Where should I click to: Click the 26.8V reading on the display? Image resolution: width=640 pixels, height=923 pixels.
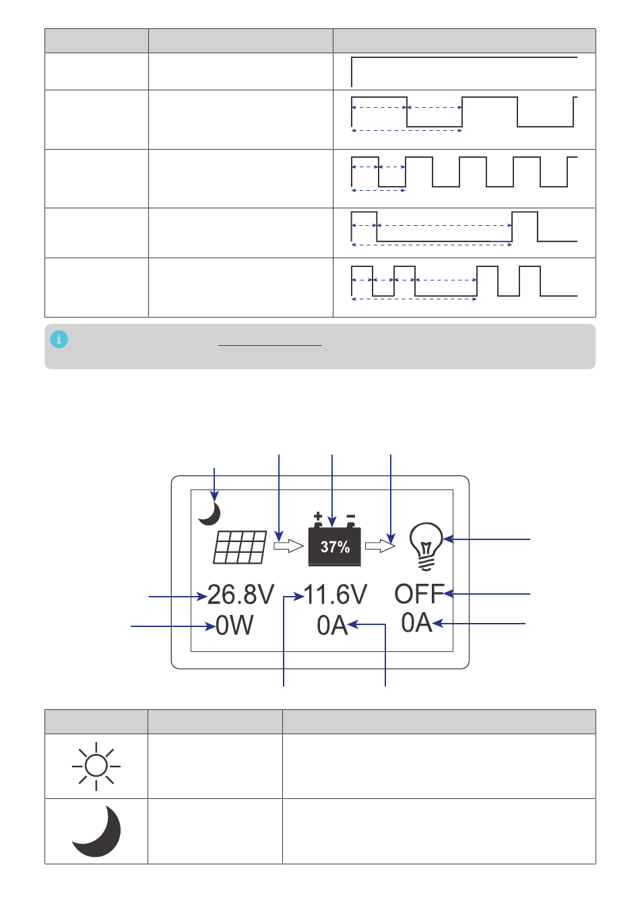pyautogui.click(x=241, y=595)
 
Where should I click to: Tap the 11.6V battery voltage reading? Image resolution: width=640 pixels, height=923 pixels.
pyautogui.click(x=335, y=595)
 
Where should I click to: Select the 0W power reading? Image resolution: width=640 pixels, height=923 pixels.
pyautogui.click(x=234, y=625)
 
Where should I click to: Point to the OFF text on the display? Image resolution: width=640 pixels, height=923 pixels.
pyautogui.click(x=419, y=594)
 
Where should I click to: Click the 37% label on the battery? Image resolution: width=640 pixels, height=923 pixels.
pyautogui.click(x=335, y=547)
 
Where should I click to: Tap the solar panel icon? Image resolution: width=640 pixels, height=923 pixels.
pyautogui.click(x=240, y=547)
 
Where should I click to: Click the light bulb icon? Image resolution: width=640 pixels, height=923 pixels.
pyautogui.click(x=426, y=546)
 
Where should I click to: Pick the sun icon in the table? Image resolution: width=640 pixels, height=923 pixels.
pyautogui.click(x=96, y=766)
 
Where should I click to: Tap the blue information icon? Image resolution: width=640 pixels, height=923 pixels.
pyautogui.click(x=59, y=340)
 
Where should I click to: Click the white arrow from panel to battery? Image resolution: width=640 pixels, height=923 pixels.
pyautogui.click(x=289, y=546)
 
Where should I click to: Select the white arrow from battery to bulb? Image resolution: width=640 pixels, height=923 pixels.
pyautogui.click(x=380, y=546)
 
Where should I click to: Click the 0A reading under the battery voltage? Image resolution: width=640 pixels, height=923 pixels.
pyautogui.click(x=332, y=625)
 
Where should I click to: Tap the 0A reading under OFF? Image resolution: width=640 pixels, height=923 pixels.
pyautogui.click(x=417, y=622)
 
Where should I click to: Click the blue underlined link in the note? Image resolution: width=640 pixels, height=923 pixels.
pyautogui.click(x=269, y=345)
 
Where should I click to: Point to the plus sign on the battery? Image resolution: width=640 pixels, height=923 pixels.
pyautogui.click(x=317, y=516)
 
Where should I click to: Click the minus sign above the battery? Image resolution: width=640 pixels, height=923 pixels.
pyautogui.click(x=351, y=516)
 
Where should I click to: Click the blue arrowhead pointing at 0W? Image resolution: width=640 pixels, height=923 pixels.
pyautogui.click(x=211, y=626)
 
